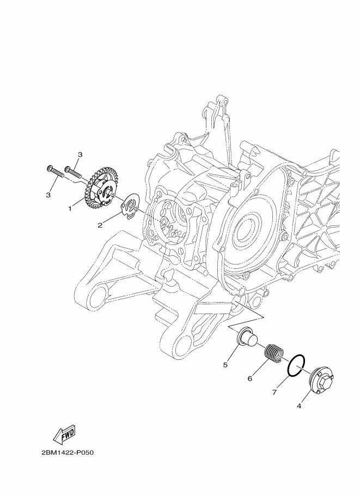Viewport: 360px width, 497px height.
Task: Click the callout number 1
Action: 70,208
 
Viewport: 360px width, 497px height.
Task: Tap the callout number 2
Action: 100,225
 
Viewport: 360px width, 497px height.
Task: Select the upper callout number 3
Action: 80,155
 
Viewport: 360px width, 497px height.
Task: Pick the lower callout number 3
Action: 48,195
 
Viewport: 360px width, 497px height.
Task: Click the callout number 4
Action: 299,406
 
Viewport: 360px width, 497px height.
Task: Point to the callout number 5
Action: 225,365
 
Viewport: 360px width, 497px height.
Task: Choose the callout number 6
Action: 249,378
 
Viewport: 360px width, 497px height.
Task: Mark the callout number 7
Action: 274,392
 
